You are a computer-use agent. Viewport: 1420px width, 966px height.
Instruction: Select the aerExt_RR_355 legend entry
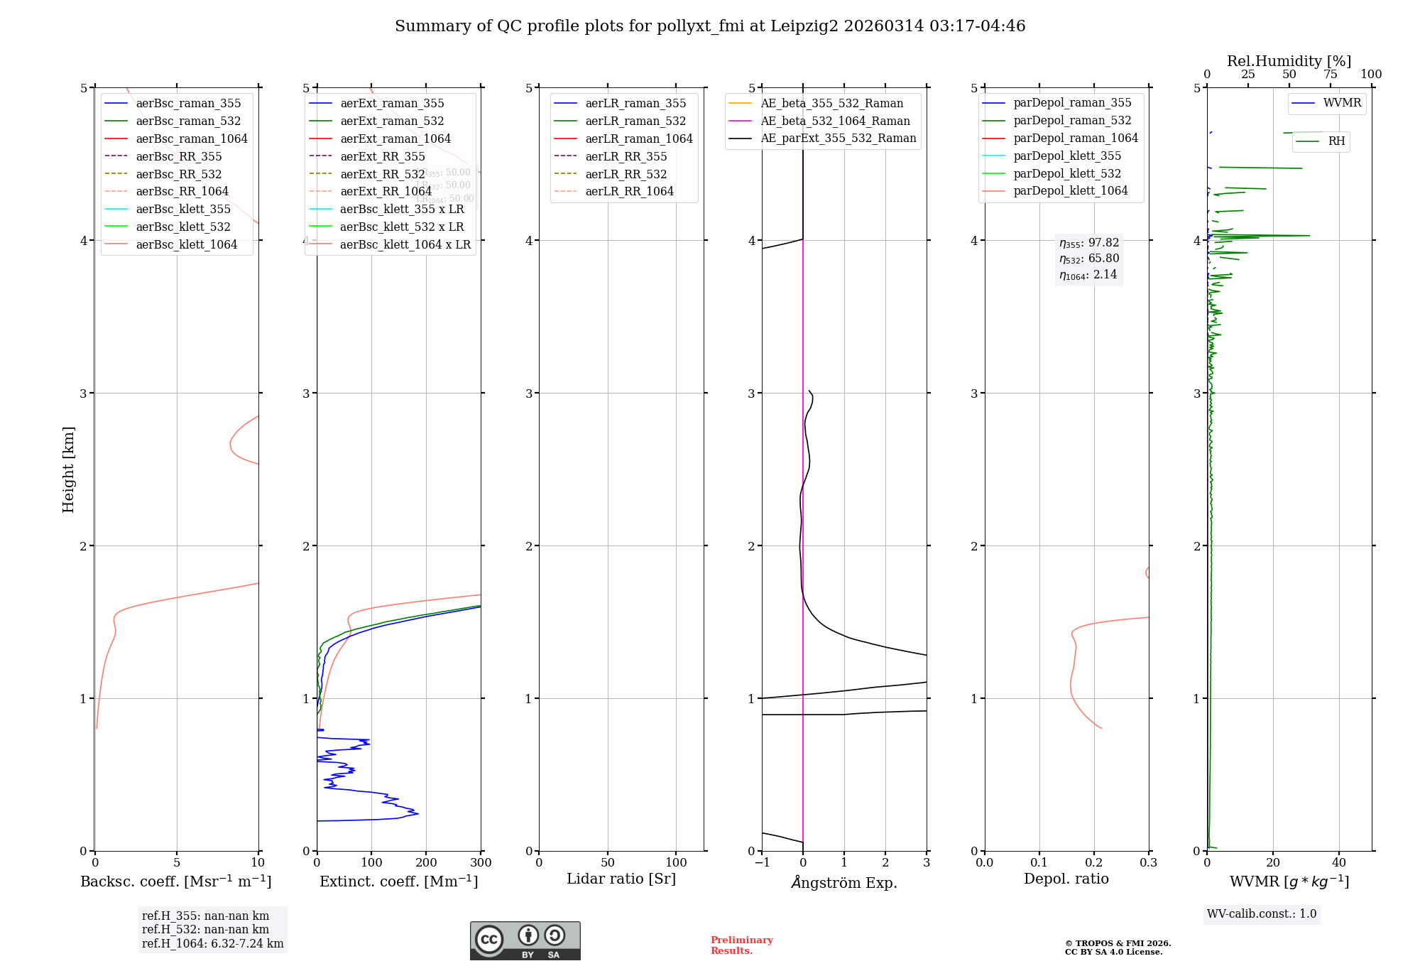pos(382,156)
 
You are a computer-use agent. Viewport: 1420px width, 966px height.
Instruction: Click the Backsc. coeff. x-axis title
pos(176,881)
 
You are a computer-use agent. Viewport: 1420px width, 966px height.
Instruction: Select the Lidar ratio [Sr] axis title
pos(621,879)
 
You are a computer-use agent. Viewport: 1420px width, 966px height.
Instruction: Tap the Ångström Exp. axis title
pos(844,882)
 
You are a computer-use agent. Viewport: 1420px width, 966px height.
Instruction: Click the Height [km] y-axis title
pos(68,469)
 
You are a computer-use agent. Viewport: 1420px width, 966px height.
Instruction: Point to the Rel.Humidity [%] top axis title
pos(1289,61)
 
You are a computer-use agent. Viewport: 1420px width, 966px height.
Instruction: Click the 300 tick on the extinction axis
pos(481,863)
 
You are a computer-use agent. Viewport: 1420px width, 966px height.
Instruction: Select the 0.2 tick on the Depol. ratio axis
pos(1094,863)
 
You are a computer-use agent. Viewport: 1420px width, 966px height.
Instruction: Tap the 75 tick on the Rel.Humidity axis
pos(1331,75)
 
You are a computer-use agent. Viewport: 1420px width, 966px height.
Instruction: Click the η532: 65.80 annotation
pos(1089,259)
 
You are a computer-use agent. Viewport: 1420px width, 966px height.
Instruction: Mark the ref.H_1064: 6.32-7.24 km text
pos(212,943)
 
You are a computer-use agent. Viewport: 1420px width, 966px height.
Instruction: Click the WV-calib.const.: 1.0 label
pos(1262,914)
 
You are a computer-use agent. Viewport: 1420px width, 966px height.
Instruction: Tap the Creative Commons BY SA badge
pos(525,940)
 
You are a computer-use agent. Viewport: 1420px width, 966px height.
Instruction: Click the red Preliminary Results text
pos(741,945)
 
